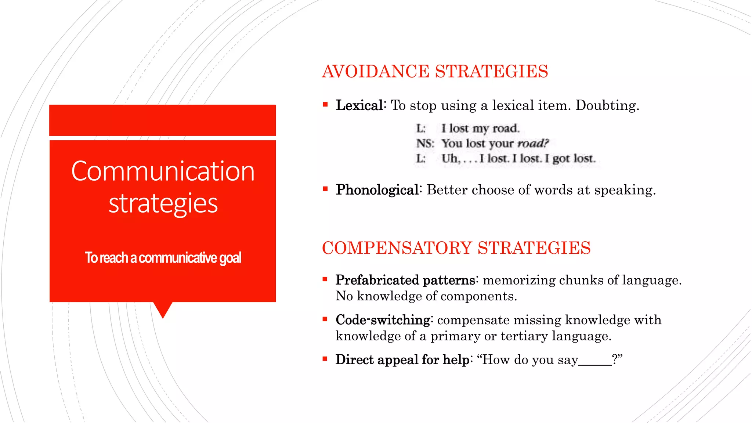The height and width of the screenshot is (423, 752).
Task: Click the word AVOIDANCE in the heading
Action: coord(376,72)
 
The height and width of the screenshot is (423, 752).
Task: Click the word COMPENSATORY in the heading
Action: coord(397,248)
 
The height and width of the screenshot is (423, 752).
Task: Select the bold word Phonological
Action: coord(377,190)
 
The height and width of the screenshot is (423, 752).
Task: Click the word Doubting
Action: coord(607,106)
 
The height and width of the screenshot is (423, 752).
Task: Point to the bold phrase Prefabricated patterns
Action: coord(405,280)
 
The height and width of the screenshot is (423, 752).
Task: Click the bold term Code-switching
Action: coord(383,320)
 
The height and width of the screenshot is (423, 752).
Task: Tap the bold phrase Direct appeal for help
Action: coord(402,360)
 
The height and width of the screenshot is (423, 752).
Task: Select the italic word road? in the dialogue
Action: coord(533,143)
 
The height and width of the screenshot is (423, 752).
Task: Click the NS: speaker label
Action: coord(425,143)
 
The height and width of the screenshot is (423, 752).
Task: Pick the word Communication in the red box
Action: coord(163,171)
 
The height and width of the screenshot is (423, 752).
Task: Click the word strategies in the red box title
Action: coord(163,203)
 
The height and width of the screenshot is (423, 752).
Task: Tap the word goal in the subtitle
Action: coord(230,258)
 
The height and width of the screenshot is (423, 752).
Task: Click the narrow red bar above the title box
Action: coord(162,120)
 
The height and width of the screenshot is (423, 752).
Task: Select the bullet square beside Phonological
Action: coord(325,189)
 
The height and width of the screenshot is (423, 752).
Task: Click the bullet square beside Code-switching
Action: coord(325,319)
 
